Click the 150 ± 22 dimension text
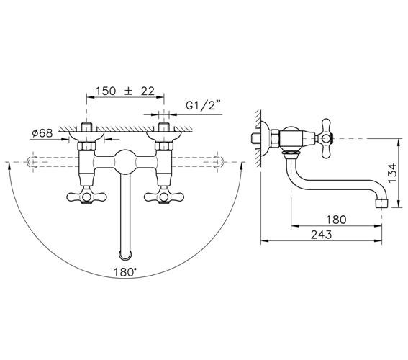pyautogui.click(x=125, y=91)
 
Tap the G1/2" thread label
pyautogui.click(x=203, y=106)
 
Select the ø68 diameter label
pyautogui.click(x=42, y=133)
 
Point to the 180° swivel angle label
pyautogui.click(x=125, y=272)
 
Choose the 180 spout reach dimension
pyautogui.click(x=336, y=220)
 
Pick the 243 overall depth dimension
pyautogui.click(x=322, y=235)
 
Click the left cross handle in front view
pyautogui.click(x=87, y=197)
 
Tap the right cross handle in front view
pyautogui.click(x=164, y=197)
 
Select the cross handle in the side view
pyautogui.click(x=326, y=138)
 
